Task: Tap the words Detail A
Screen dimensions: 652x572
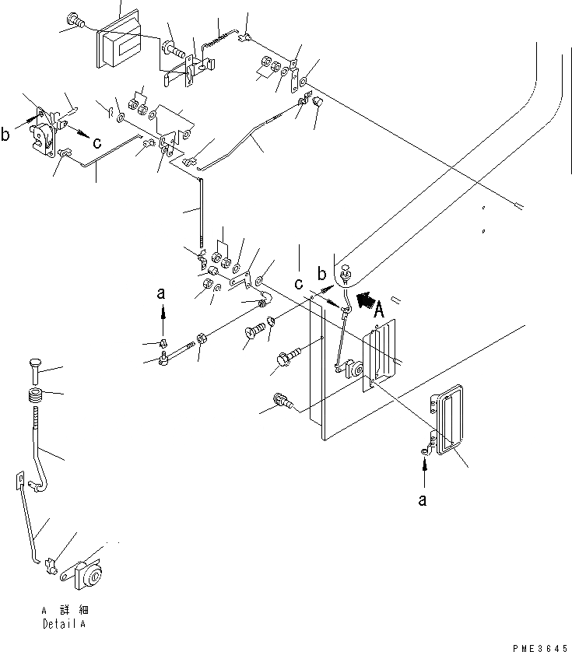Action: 65,624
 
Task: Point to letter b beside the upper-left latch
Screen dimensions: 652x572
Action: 6,135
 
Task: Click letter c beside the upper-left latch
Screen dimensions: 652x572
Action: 97,142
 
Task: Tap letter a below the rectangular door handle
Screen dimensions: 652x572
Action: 423,501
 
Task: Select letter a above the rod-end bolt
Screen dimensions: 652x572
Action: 162,293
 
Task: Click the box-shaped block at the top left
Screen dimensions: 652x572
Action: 118,45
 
